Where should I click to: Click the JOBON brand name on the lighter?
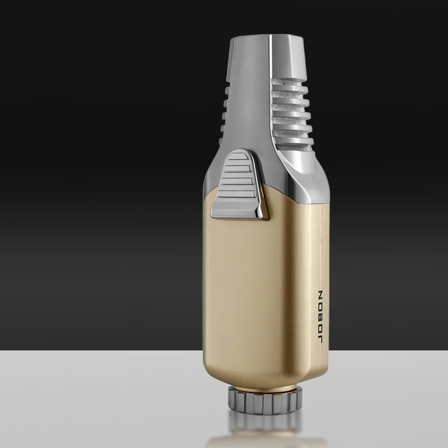(x=320, y=317)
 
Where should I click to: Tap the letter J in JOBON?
(x=320, y=339)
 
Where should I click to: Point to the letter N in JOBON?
(x=320, y=295)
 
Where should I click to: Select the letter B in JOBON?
(x=320, y=317)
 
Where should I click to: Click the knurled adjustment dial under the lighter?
(x=265, y=400)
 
